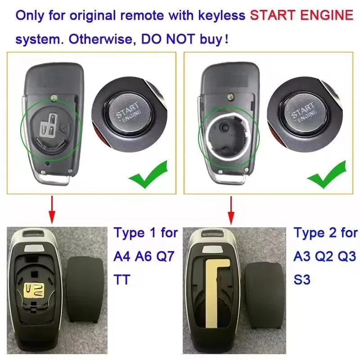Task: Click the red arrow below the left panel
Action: click(x=52, y=209)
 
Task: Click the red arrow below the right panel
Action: click(x=231, y=209)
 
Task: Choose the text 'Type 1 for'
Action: click(x=146, y=233)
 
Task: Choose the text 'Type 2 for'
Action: click(x=325, y=233)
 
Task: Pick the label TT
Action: click(x=122, y=280)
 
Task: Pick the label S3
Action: click(x=302, y=280)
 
